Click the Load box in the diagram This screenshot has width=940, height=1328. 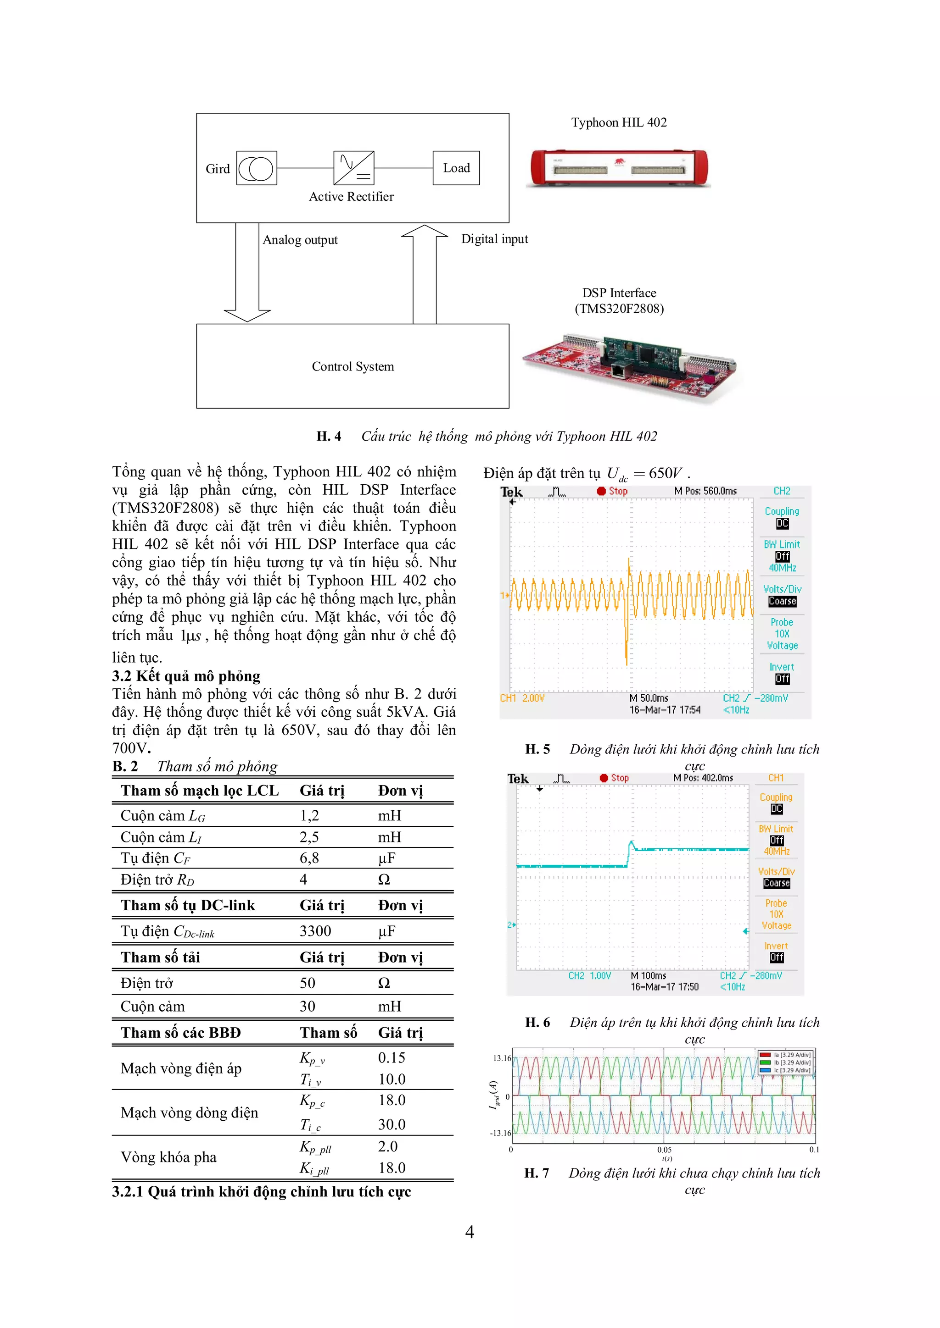point(456,168)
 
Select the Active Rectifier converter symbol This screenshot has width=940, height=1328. point(354,168)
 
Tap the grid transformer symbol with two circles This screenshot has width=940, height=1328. point(257,168)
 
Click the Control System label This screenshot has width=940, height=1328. point(352,367)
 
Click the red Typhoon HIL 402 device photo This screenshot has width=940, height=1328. point(619,168)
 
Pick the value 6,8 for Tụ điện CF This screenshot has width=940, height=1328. point(309,858)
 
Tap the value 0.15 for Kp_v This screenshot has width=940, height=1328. point(391,1058)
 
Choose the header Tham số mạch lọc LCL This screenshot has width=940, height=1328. point(200,791)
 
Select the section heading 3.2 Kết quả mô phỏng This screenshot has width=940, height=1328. point(186,675)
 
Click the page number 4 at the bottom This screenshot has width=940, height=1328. point(470,1233)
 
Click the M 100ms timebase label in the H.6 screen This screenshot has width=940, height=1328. point(648,976)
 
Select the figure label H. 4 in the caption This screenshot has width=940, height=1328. point(329,436)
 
